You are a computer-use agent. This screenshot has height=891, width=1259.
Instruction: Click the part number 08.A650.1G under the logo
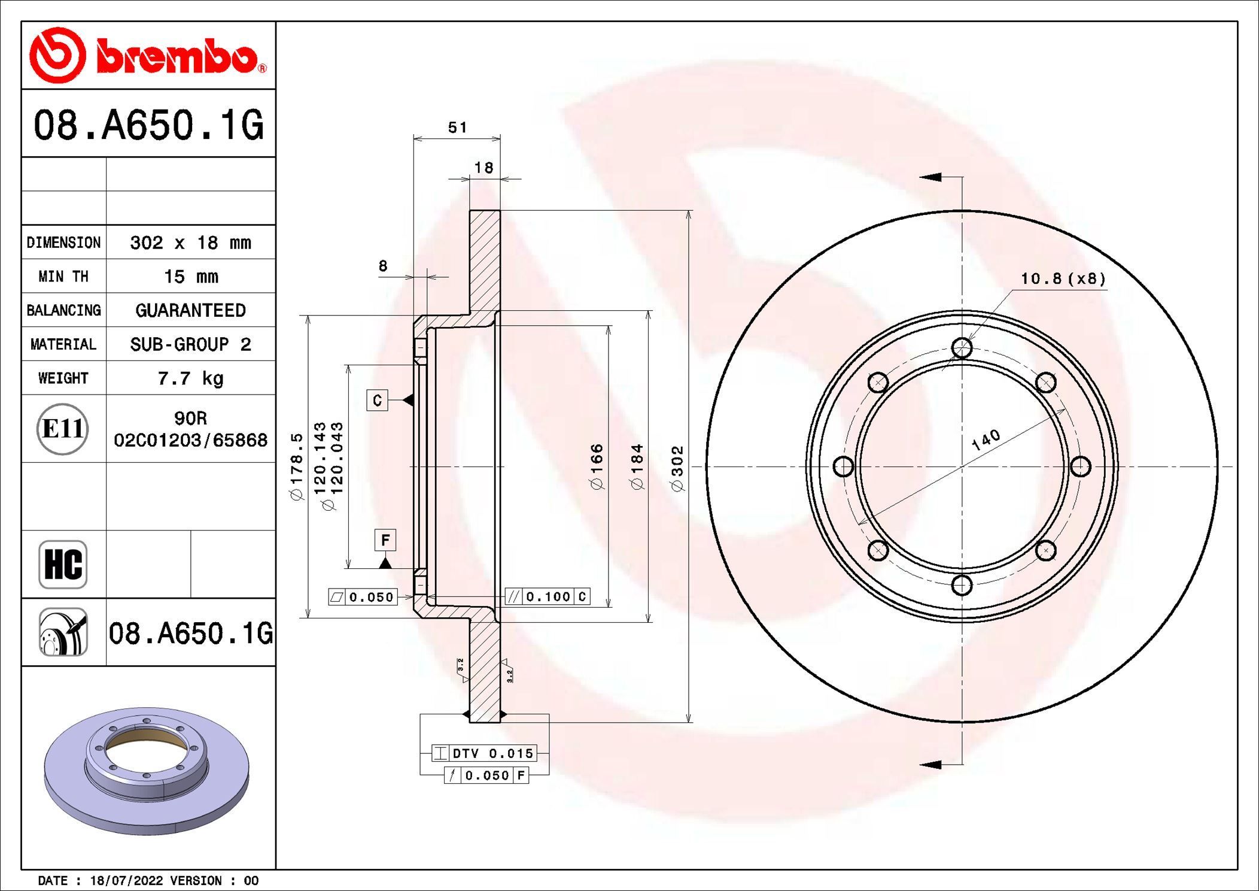pos(148,125)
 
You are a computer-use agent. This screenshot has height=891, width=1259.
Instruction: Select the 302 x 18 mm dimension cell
pos(190,243)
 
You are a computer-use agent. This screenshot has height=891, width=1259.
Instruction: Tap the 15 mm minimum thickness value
pos(190,277)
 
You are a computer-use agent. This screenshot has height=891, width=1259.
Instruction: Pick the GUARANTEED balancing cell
pos(190,310)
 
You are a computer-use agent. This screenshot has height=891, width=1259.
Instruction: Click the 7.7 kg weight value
pos(190,378)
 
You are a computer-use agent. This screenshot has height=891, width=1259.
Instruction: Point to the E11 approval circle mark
pos(63,429)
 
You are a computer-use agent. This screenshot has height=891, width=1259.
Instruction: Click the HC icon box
pos(63,565)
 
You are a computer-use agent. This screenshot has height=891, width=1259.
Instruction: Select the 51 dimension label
pos(457,128)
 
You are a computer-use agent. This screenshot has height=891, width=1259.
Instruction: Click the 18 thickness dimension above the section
pos(483,168)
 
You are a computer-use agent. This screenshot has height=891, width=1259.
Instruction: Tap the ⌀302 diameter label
pos(677,469)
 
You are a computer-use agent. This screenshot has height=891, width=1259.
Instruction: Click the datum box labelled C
pos(377,400)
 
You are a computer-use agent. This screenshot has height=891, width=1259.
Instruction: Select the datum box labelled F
pos(385,540)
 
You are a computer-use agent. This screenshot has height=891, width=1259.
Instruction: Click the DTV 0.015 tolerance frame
pos(484,753)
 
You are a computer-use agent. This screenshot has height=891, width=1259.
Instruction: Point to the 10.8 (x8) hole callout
pos(1063,278)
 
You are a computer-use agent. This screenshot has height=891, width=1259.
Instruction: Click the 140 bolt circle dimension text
pos(986,440)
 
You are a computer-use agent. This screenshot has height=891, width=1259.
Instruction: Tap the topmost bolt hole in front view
pos(962,347)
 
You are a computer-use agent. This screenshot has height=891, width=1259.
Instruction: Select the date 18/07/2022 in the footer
pos(126,881)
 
